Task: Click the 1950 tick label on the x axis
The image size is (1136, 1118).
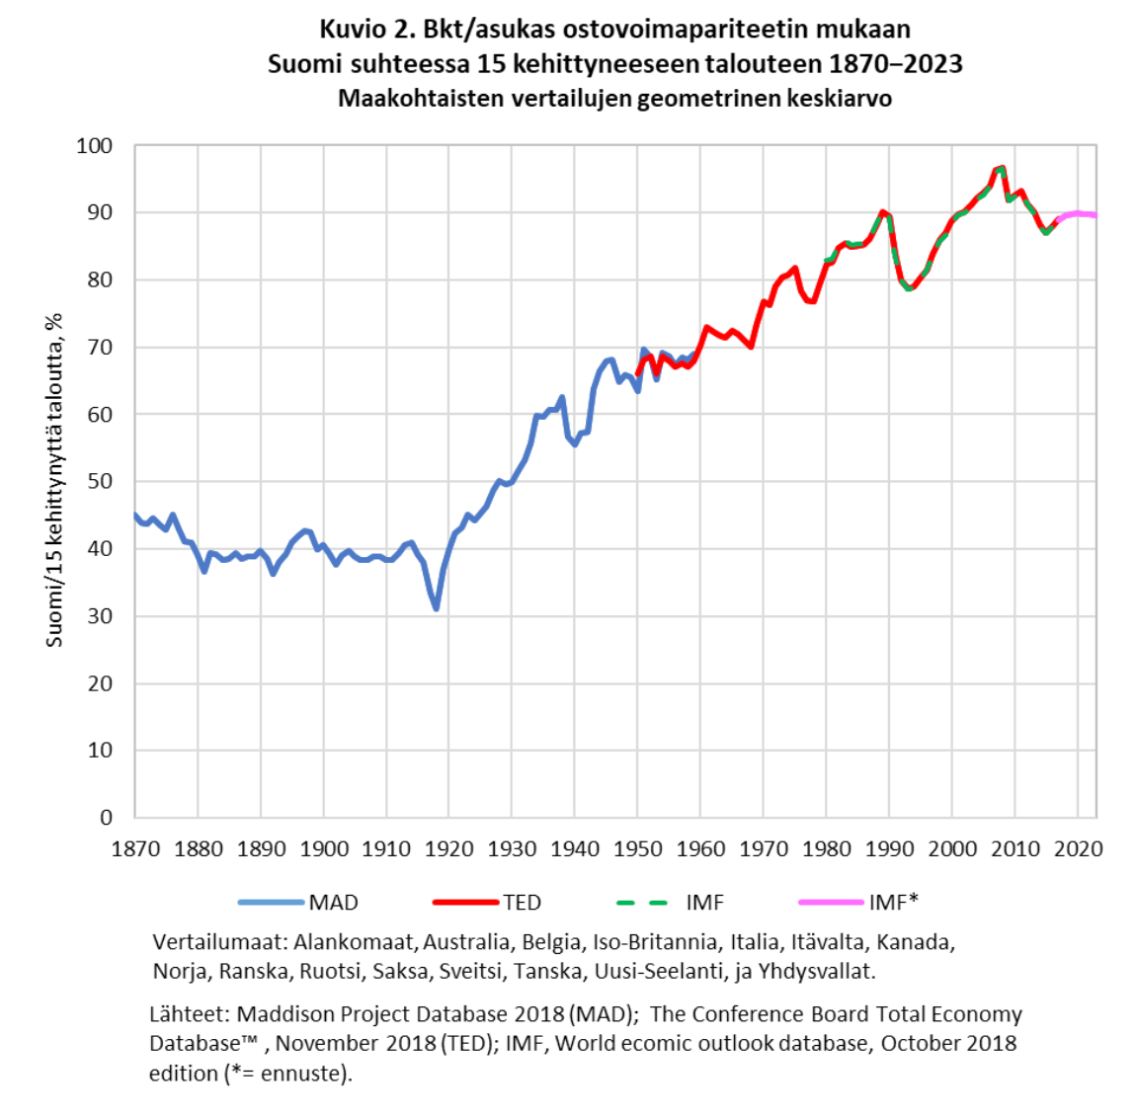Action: coord(637,848)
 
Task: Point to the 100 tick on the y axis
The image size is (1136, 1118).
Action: coord(95,145)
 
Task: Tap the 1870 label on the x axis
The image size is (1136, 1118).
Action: coord(135,848)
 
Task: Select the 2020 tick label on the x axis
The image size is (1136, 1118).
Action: coord(1078,848)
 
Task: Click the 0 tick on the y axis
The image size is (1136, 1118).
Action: coord(107,818)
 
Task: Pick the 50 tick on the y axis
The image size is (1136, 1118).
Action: coord(100,481)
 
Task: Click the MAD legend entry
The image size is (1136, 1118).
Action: coord(298,902)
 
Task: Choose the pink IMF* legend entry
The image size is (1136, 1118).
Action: coord(858,902)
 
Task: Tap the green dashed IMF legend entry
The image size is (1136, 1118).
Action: coord(670,902)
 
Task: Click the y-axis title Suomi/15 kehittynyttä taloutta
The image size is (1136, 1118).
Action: coord(54,480)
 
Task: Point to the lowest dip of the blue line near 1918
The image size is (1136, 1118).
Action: coord(437,608)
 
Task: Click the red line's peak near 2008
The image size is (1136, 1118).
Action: coord(1002,168)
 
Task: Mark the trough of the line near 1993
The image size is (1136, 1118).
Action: coord(909,288)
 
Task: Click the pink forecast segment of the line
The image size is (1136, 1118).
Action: coord(1078,214)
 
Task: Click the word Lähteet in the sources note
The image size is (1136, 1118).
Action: coord(190,1014)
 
